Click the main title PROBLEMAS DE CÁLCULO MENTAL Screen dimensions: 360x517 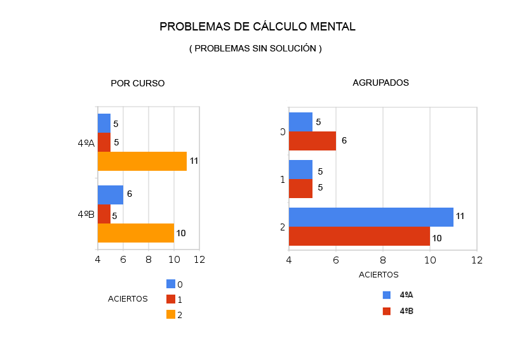[257, 27]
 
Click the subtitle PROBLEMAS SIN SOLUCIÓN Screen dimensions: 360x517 [255, 49]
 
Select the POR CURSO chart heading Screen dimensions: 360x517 [137, 83]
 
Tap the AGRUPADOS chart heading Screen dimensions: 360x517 [380, 83]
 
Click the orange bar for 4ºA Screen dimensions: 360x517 [142, 161]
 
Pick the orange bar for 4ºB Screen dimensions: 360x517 [135, 233]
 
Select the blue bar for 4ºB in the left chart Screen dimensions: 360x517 [110, 195]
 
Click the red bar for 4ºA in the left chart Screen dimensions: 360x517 [104, 142]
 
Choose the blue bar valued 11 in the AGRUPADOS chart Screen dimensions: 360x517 [371, 217]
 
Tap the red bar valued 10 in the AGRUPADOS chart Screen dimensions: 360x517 [359, 236]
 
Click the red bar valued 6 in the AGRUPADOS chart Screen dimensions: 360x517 [312, 141]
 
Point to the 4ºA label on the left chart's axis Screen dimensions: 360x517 [86, 143]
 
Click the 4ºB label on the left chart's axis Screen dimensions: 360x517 [86, 215]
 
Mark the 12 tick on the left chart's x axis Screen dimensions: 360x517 [199, 260]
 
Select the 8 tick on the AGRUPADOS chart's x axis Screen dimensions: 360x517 [383, 260]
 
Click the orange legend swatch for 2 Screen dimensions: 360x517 [171, 314]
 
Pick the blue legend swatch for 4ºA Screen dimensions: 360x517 [386, 295]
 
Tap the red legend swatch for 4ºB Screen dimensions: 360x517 [386, 311]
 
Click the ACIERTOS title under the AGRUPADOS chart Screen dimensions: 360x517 [379, 275]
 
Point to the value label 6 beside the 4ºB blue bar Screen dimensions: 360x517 [130, 194]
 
